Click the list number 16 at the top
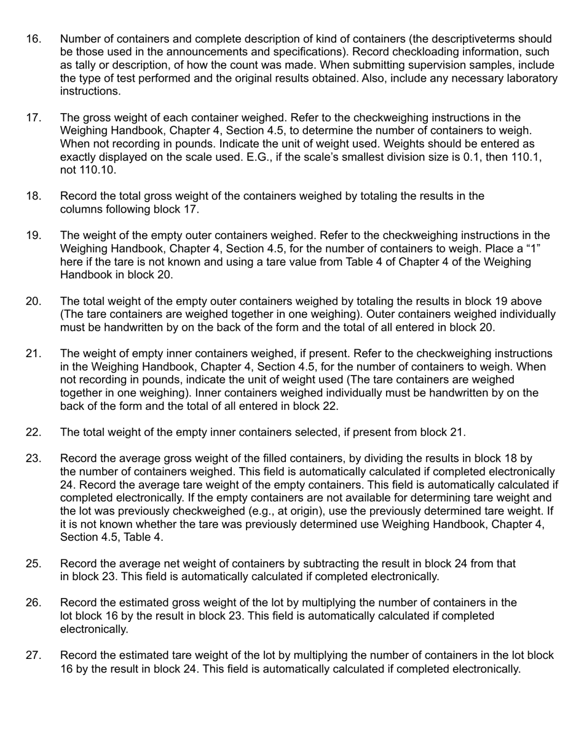[33, 39]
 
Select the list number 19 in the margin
[33, 235]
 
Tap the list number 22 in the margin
[33, 432]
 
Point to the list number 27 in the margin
[33, 655]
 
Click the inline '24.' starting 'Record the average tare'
[69, 484]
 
